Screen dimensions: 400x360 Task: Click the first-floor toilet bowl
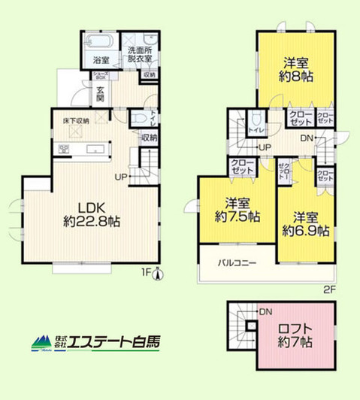click(x=138, y=119)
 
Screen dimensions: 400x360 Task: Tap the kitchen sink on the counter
click(x=98, y=149)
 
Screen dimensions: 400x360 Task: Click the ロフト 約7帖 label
click(x=295, y=335)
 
